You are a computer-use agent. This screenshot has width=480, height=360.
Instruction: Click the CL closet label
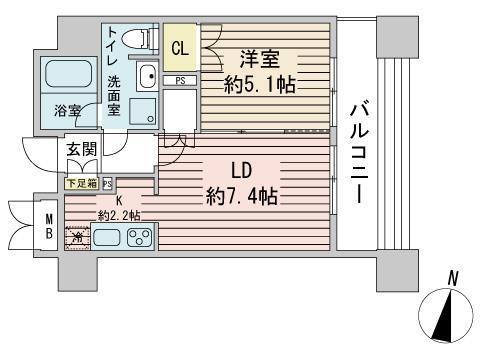point(180,48)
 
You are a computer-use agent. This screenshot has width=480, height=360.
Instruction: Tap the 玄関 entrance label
point(81,150)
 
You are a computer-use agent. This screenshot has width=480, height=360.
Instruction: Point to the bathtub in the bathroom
point(68,75)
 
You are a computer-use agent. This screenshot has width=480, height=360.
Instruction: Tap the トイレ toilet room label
point(113,46)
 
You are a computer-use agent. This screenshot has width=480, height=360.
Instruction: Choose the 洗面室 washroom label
point(115,96)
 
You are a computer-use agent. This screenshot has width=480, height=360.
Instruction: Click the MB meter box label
point(47,228)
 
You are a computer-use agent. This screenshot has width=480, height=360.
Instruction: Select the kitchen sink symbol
point(108,239)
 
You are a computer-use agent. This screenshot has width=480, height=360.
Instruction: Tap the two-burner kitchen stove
point(139,239)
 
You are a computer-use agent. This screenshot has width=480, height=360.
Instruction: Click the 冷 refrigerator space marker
point(77,238)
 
